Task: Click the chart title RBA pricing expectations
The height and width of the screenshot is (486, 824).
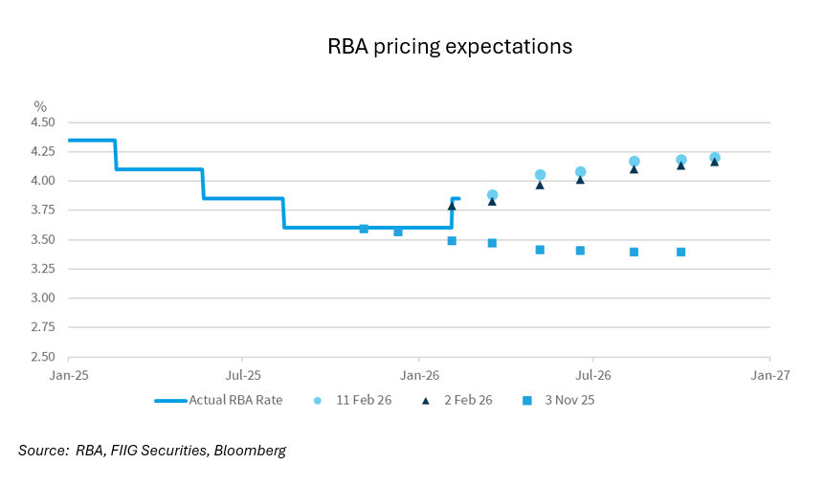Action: pos(450,46)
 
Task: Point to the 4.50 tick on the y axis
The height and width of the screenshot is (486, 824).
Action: pos(44,122)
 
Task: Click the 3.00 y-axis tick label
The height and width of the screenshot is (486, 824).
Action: pos(44,298)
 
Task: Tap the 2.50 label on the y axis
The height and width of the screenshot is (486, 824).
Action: pos(44,356)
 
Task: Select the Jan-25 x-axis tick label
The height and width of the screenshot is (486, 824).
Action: pos(68,375)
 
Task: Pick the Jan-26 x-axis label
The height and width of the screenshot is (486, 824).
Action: pos(419,375)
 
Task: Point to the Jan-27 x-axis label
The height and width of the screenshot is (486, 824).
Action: pos(768,375)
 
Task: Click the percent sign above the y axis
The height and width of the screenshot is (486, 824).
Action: pos(40,106)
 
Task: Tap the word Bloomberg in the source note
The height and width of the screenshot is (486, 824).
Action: pos(250,450)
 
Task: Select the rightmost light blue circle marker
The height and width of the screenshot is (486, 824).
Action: pos(715,158)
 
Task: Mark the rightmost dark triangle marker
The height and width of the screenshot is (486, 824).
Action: pos(715,162)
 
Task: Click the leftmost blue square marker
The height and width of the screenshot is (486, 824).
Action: pos(364,229)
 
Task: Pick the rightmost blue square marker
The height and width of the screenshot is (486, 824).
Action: pos(680,252)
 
